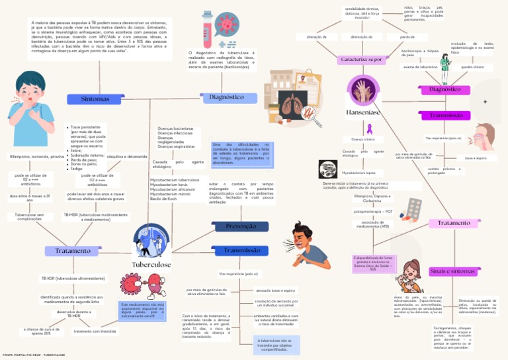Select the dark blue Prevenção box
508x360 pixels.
click(x=241, y=226)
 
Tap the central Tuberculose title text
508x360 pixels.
click(x=151, y=265)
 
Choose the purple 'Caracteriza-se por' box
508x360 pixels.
click(x=361, y=60)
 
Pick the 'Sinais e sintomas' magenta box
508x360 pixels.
click(x=452, y=271)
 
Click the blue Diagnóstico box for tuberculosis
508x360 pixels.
click(x=226, y=97)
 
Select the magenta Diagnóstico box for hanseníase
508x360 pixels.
click(x=444, y=89)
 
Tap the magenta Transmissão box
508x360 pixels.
click(x=446, y=115)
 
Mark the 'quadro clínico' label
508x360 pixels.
click(x=472, y=67)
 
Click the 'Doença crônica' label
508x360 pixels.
click(x=363, y=140)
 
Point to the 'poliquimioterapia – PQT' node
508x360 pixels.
click(x=373, y=211)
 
